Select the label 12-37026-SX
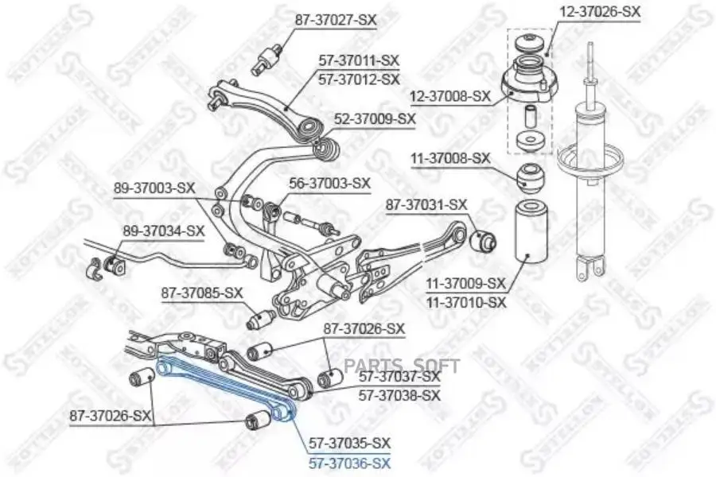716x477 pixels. (601, 11)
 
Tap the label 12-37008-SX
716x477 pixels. (450, 96)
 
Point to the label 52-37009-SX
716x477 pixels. (375, 118)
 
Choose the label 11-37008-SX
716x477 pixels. (450, 158)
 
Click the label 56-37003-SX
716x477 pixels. (329, 183)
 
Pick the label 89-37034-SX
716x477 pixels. (163, 231)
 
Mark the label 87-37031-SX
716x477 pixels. (426, 204)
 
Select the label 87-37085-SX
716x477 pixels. (202, 293)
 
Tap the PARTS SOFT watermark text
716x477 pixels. (402, 366)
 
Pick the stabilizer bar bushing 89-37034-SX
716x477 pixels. (114, 264)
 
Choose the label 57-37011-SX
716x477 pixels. (359, 60)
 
